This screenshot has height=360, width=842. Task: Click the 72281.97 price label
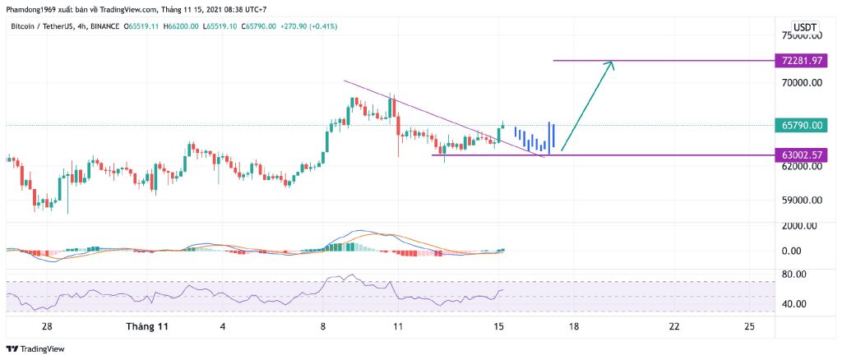pos(805,61)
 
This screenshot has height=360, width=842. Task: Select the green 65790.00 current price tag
pos(805,125)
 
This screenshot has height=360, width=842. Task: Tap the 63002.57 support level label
pos(805,155)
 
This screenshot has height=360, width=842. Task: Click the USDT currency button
pos(805,26)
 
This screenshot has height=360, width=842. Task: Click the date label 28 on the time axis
pos(48,326)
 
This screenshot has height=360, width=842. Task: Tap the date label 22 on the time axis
pos(674,326)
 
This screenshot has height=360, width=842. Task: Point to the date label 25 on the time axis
pos(749,326)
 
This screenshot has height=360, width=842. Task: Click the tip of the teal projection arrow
pos(613,62)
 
